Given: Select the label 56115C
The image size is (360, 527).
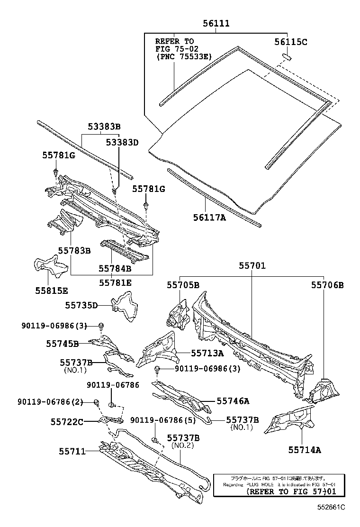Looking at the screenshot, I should tap(291, 42).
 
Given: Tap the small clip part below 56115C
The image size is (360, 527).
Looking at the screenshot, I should tap(287, 57).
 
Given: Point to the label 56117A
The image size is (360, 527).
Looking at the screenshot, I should tap(209, 218).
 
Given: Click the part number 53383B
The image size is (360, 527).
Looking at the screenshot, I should tap(104, 127).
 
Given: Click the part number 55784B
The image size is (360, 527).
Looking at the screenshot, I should tap(115, 268).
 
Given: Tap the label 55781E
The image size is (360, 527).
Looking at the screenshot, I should tap(115, 283).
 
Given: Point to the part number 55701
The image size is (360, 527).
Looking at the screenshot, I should tap(252, 266).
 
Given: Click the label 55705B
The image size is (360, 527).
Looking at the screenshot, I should tap(183, 285).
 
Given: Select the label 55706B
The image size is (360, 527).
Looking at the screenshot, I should tap(327, 285).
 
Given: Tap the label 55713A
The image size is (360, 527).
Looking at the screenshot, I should tap(207, 353).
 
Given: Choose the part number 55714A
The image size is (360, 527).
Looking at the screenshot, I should tap(305, 450).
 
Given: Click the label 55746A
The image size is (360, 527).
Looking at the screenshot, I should tap(233, 401).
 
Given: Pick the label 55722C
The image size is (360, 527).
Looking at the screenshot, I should tap(67, 421).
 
